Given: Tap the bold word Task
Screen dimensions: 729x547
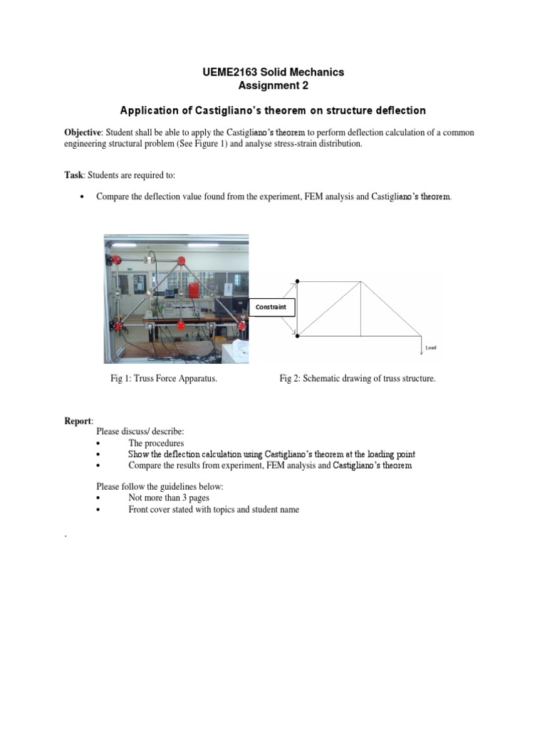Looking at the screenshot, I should pos(74,175).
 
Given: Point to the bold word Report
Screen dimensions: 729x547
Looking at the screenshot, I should pos(78,422).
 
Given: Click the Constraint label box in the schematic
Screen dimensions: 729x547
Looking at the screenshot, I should pos(270,307).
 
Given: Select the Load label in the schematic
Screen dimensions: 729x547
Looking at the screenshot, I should pos(431,347).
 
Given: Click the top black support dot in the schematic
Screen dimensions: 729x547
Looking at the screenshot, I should pos(298,280).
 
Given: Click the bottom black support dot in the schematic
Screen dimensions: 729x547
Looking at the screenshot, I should pos(298,335).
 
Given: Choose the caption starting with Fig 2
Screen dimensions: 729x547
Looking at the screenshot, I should pos(357,379).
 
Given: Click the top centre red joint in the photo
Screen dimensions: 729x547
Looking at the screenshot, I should pos(181,260).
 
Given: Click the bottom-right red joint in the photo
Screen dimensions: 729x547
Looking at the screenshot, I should pos(241,325).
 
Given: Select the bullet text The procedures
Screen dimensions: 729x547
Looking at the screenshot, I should pos(156,444).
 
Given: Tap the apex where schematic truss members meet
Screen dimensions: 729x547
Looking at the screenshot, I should pos(362,280).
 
